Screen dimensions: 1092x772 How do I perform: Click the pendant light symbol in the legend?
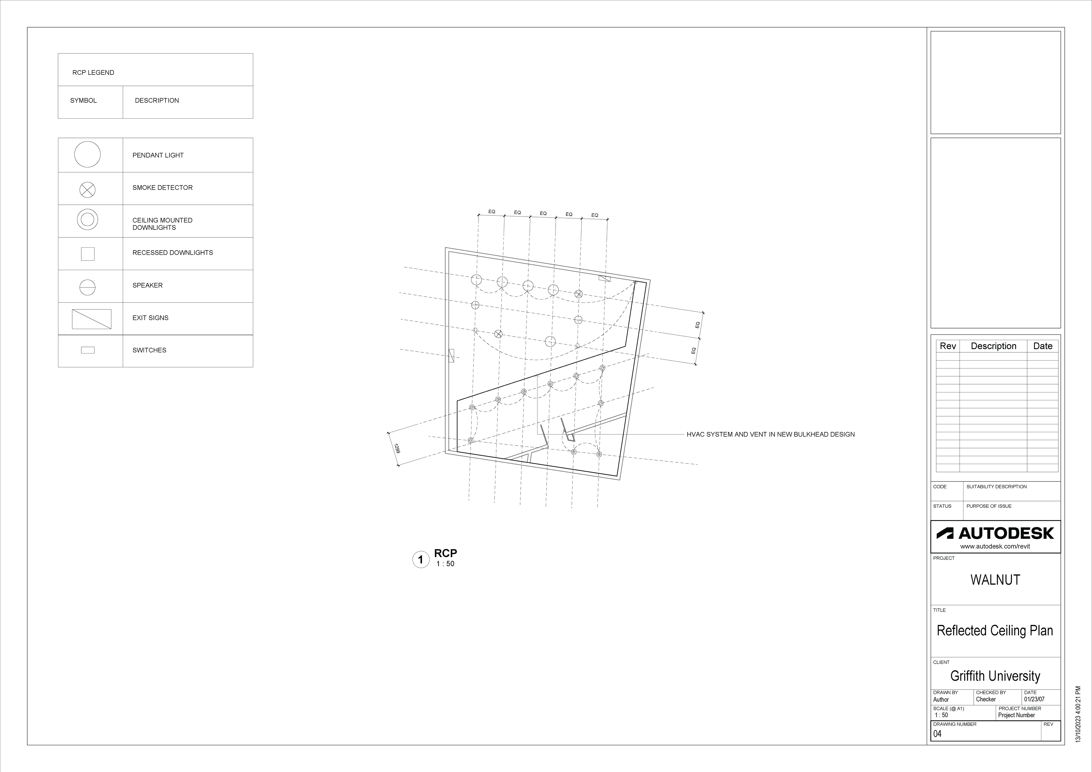point(88,155)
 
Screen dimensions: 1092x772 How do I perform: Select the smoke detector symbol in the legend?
point(88,190)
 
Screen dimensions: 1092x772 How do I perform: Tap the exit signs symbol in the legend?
point(91,319)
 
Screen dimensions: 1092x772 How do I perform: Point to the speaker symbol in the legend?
point(88,287)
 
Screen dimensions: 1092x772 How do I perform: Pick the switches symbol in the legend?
point(88,350)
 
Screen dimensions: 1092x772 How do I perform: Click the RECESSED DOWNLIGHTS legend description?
point(173,252)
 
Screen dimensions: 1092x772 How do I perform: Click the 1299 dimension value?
point(397,448)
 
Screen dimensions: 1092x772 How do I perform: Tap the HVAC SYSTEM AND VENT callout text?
point(770,434)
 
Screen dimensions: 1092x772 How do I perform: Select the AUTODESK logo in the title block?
point(995,533)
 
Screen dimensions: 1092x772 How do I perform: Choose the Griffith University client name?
point(995,676)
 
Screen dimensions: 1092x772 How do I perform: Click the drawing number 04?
point(937,734)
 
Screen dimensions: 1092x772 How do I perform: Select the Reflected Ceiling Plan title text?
point(995,631)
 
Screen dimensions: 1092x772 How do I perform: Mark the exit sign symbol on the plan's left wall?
point(451,355)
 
